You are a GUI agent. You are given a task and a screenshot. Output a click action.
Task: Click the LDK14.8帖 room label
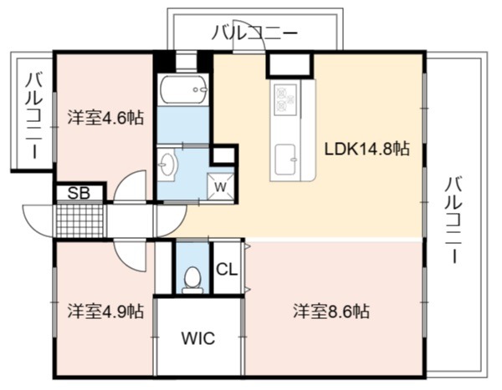(367, 149)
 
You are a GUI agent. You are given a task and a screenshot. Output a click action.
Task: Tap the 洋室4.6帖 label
(105, 117)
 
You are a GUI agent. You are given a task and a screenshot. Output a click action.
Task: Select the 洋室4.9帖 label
(105, 311)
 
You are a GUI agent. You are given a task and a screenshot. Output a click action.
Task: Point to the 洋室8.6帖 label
(331, 311)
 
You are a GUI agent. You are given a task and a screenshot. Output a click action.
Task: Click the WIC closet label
(198, 338)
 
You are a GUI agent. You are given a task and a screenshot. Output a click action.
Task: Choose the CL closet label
(227, 269)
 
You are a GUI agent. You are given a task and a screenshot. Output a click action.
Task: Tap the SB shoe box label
(79, 193)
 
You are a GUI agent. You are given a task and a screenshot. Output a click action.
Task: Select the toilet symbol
(192, 280)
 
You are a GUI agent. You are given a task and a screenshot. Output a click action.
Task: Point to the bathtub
(183, 89)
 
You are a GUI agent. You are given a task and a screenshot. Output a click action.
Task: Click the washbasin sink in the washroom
(167, 165)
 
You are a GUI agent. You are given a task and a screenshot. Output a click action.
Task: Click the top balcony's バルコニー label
(255, 33)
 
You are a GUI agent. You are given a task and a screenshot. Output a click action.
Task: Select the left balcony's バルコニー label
(34, 116)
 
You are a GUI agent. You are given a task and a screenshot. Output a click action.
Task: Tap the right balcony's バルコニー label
(454, 220)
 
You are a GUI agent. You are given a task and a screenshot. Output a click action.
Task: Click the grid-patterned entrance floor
(79, 220)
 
